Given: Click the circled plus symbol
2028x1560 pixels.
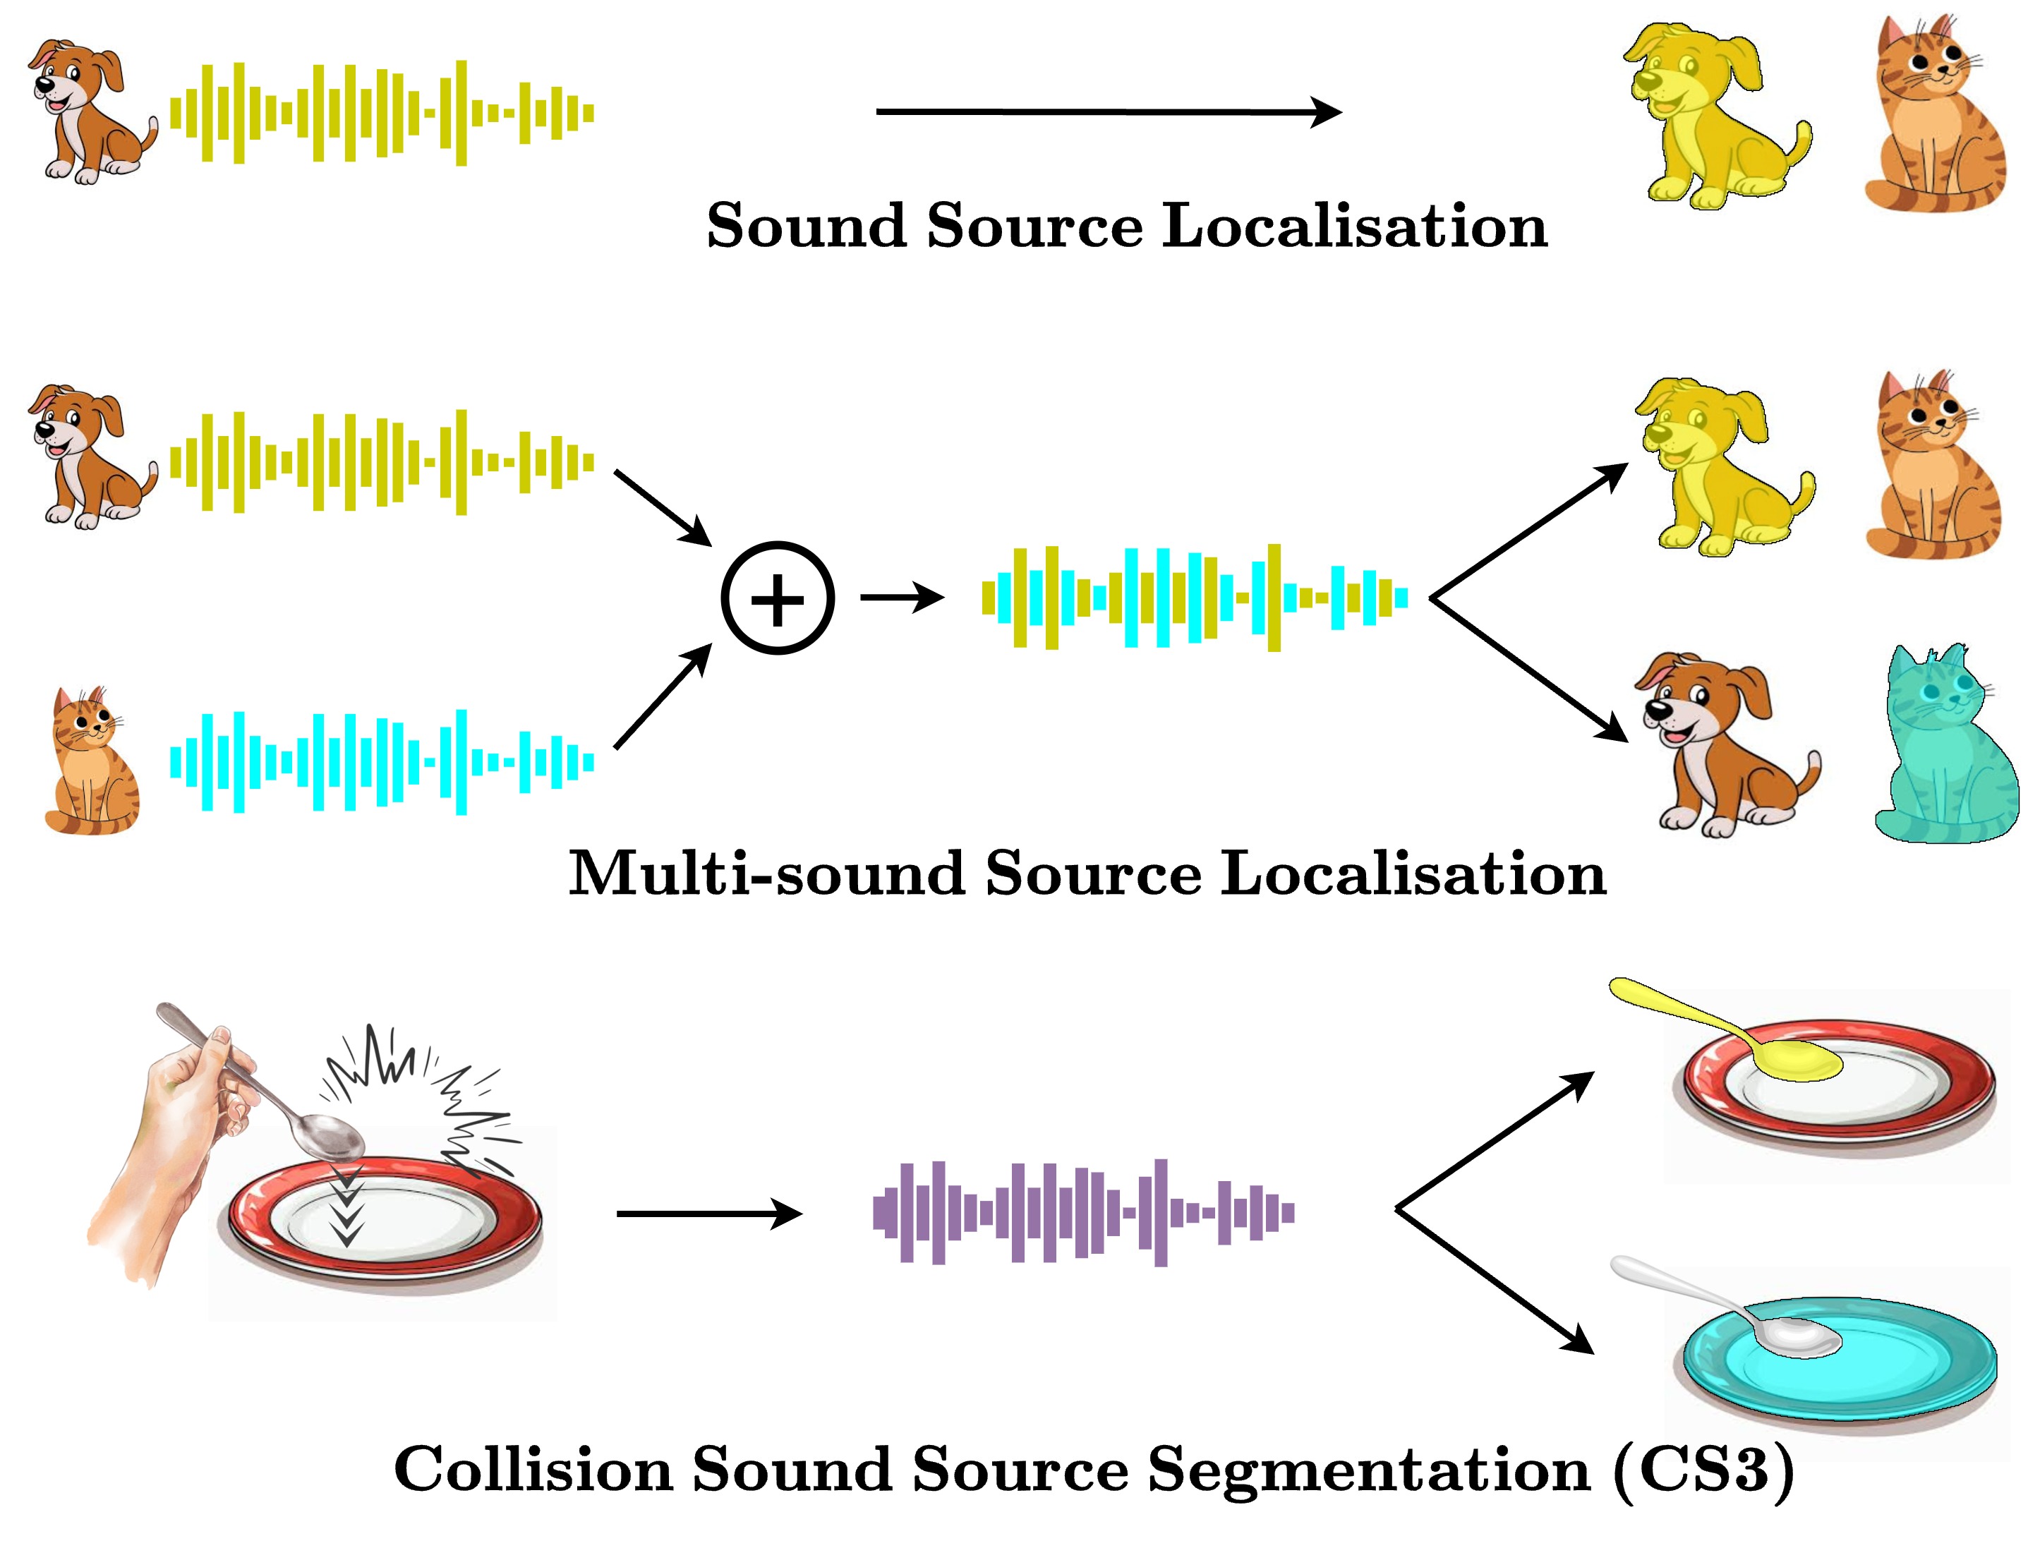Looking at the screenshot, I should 777,598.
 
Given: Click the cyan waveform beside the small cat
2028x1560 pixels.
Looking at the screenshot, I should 382,762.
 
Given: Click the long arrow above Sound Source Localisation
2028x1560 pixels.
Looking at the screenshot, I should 1108,112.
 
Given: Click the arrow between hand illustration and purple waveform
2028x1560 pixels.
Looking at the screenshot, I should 708,1213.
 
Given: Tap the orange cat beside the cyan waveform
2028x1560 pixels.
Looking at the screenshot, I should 91,762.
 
